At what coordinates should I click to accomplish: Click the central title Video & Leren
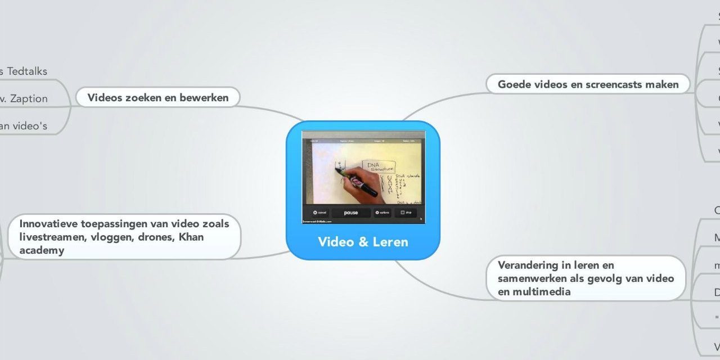(x=363, y=242)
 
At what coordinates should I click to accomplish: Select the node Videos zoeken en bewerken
(x=158, y=97)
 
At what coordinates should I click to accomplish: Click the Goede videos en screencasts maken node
(x=588, y=84)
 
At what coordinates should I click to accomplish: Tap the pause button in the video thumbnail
(x=350, y=213)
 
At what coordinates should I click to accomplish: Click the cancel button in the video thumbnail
(x=319, y=213)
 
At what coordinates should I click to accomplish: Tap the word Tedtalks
(x=26, y=71)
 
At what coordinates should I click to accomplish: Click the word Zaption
(x=28, y=99)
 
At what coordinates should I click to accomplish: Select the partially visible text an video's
(x=22, y=127)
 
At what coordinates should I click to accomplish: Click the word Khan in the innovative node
(x=192, y=237)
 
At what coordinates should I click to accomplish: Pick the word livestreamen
(x=48, y=237)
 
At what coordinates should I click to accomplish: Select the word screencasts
(x=620, y=84)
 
